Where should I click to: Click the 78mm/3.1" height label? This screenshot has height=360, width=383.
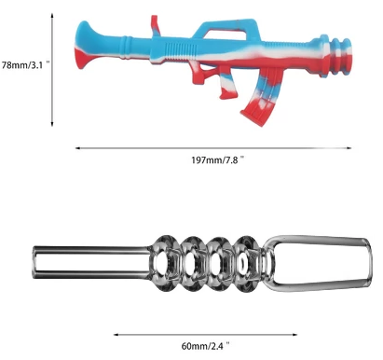point(25,65)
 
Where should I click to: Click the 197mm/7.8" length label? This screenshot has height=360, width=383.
point(217,159)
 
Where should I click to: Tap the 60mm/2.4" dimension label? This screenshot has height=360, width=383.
point(205,346)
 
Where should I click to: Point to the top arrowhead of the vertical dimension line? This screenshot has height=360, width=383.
point(52,15)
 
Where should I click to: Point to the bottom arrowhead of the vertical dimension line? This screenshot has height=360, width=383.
point(52,124)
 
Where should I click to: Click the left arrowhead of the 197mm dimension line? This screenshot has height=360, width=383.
point(77,148)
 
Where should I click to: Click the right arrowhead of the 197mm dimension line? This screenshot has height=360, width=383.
point(349,148)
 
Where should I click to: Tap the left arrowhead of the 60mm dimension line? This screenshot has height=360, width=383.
point(116,335)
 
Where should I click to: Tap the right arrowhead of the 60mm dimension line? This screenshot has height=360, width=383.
point(294,335)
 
